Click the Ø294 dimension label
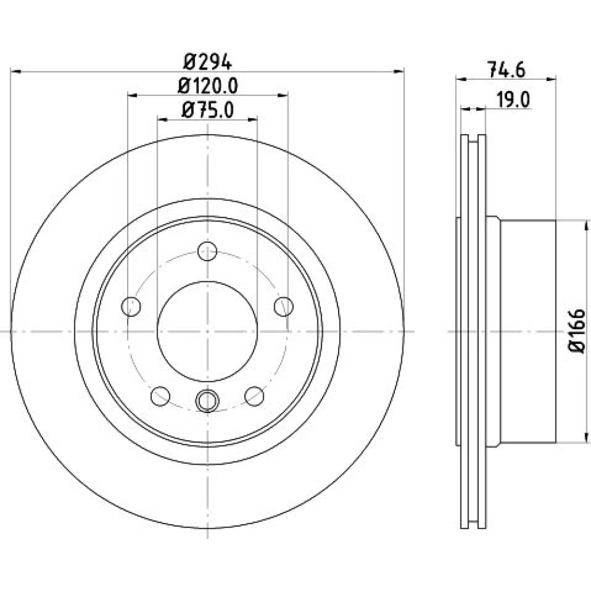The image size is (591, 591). [207, 62]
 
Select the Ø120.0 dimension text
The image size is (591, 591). [207, 86]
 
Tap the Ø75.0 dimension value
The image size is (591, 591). [207, 111]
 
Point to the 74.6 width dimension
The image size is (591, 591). [506, 70]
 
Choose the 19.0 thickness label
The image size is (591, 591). [513, 100]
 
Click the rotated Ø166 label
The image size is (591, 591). [577, 331]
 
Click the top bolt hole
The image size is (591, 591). [207, 251]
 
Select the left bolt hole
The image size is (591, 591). [131, 306]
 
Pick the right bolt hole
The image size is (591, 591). [284, 306]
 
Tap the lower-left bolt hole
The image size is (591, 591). [160, 396]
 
